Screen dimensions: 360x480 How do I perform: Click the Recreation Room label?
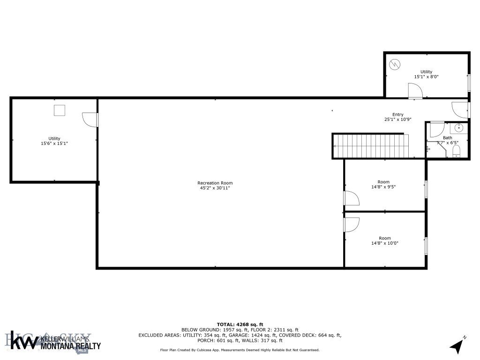tap(215, 183)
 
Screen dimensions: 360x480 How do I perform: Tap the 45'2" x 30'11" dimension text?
tap(215, 188)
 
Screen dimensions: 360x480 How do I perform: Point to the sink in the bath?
tap(458, 127)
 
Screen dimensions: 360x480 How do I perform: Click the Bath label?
tap(448, 137)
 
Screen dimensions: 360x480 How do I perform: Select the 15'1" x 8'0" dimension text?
tap(426, 76)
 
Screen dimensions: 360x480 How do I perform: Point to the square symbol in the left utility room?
tap(59, 111)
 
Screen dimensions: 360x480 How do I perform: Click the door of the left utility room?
tap(90, 120)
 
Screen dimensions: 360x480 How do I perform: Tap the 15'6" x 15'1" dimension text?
tap(54, 143)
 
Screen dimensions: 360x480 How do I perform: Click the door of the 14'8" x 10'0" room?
tap(351, 225)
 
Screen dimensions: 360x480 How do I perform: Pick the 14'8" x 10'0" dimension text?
tap(384, 243)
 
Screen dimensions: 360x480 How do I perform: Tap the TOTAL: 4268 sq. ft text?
tap(240, 324)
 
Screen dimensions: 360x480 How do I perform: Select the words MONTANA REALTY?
tap(71, 346)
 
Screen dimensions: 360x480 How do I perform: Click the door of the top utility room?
tap(415, 91)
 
